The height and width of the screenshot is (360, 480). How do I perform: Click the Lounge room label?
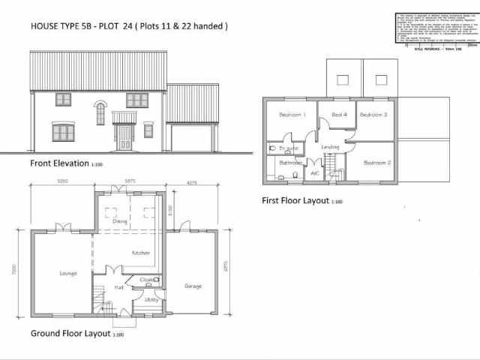(68, 273)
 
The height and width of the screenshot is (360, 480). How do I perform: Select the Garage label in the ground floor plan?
(193, 286)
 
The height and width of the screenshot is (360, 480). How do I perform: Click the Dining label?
(120, 221)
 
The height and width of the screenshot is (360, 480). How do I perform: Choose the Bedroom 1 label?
(292, 115)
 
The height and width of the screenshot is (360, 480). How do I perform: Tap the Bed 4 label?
(339, 115)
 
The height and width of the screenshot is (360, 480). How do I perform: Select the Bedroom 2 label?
(376, 162)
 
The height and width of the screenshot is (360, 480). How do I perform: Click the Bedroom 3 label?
(373, 115)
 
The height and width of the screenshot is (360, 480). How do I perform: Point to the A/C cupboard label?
(314, 172)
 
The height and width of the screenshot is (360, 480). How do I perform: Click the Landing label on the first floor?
(331, 147)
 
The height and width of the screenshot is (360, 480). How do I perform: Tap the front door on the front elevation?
(124, 137)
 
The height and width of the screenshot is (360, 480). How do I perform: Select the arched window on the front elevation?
(100, 113)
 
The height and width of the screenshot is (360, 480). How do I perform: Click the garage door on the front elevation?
(191, 139)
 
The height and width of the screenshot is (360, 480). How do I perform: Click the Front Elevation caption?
(58, 163)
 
